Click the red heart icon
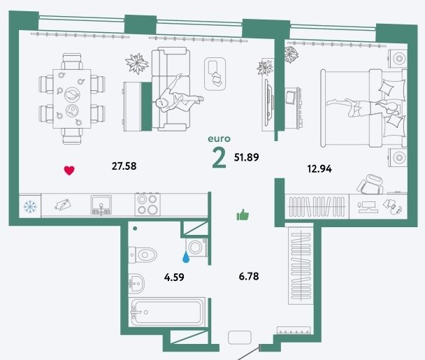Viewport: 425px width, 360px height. [69, 171]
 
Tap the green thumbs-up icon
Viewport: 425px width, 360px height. [243, 215]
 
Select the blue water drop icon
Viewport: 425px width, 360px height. [186, 257]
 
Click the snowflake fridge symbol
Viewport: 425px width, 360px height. [30, 207]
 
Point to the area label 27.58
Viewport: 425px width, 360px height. [124, 166]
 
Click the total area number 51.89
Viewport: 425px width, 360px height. [246, 157]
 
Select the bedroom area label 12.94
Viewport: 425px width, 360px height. [319, 169]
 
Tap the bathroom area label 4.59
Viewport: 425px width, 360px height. [174, 277]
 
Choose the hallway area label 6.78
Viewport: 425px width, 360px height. [249, 276]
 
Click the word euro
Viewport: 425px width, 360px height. [219, 139]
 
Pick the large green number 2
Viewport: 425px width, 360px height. [219, 159]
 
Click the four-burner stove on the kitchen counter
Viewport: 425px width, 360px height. [147, 204]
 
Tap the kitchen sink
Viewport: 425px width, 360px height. [101, 206]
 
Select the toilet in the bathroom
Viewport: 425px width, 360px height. [143, 255]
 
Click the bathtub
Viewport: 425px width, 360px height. [166, 312]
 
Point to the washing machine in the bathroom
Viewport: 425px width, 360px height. [196, 247]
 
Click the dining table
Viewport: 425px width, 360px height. [72, 99]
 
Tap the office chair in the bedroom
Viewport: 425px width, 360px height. [370, 185]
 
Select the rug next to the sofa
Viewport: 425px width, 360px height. [215, 74]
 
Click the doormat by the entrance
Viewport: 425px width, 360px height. [240, 338]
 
